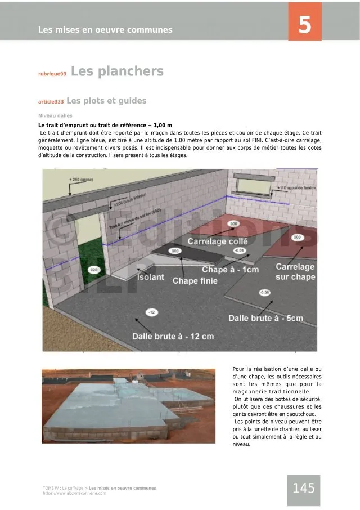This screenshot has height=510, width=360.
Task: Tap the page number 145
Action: (304, 489)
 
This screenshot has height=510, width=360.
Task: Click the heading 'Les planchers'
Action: (117, 71)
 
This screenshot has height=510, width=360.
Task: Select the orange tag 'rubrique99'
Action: (52, 74)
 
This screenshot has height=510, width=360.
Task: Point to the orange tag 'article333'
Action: (51, 102)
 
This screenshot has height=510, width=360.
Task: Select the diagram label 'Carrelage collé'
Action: (218, 241)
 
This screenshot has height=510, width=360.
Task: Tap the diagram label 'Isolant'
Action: (151, 277)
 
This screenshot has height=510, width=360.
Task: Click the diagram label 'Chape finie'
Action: (195, 280)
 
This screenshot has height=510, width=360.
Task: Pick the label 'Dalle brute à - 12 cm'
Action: (173, 337)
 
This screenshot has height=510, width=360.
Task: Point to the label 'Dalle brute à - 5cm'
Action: (265, 319)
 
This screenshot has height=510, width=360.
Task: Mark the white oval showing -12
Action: (151, 312)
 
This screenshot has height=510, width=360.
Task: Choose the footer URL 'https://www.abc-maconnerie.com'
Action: (74, 493)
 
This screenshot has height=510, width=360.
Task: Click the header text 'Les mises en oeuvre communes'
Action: (105, 30)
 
